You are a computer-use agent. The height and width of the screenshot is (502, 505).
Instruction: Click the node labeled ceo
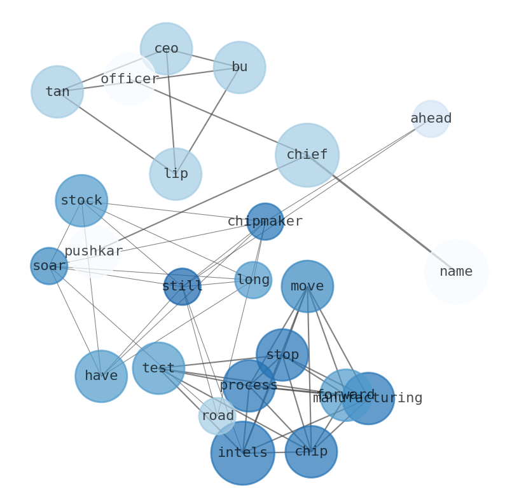click(x=166, y=49)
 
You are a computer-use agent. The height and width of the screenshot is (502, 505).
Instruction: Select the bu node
click(x=239, y=67)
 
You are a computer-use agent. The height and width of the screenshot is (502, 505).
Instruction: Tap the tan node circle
click(x=57, y=92)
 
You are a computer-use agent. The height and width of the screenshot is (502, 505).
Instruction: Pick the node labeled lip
click(x=176, y=174)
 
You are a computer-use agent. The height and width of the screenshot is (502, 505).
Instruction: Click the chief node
click(x=307, y=155)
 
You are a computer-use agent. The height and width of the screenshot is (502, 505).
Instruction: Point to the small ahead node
click(x=431, y=119)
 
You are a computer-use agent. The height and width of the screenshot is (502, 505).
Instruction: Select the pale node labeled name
click(x=456, y=272)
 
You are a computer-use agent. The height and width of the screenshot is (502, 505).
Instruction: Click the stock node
click(x=81, y=201)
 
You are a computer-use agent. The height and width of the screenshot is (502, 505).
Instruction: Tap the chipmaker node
click(x=265, y=222)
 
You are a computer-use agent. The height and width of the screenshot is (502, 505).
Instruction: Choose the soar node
click(x=49, y=266)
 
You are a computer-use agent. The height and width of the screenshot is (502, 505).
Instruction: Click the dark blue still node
click(x=183, y=287)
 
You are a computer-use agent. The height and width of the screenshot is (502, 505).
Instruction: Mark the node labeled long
click(x=253, y=280)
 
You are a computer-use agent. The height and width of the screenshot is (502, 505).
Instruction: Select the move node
click(x=307, y=287)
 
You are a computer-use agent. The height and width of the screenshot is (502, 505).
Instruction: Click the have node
click(x=101, y=376)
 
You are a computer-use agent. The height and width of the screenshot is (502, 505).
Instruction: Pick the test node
click(x=158, y=368)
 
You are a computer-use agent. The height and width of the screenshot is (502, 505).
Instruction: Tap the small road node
click(x=218, y=416)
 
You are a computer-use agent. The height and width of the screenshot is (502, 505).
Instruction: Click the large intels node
click(x=242, y=453)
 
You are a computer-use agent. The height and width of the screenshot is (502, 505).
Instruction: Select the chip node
click(x=311, y=452)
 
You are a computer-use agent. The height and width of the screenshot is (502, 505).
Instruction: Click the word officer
click(x=130, y=79)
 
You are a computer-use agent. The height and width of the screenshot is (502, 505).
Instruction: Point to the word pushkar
click(x=93, y=252)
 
